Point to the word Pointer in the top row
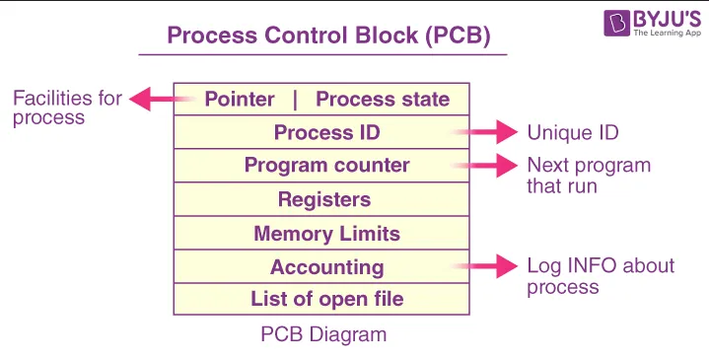(x=240, y=99)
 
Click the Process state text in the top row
(x=383, y=99)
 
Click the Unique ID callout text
(x=572, y=132)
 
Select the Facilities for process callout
(x=67, y=108)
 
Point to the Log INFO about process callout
(x=601, y=276)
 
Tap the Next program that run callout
(x=589, y=175)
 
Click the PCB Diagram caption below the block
(x=323, y=334)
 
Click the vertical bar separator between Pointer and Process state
(x=294, y=99)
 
